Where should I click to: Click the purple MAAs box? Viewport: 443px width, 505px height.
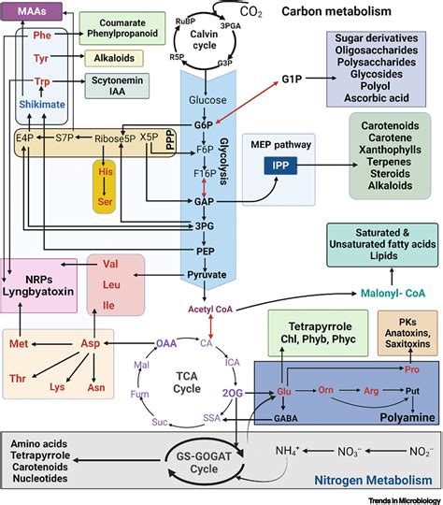tap(32, 12)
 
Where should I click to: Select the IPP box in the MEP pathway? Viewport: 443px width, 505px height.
tap(279, 165)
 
